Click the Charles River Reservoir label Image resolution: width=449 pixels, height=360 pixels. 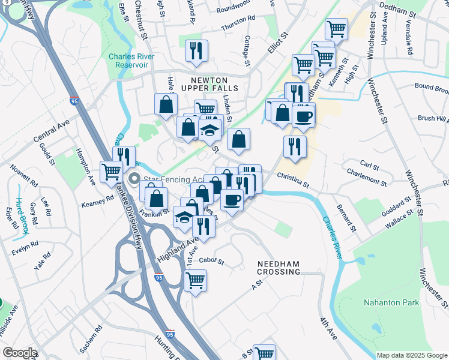click(131, 61)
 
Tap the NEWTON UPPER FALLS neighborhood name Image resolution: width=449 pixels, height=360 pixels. click(214, 84)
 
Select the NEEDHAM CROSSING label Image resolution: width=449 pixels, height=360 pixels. click(279, 268)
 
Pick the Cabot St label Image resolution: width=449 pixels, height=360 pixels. click(211, 261)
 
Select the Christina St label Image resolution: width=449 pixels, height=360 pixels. click(293, 179)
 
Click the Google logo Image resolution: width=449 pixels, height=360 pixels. click(20, 353)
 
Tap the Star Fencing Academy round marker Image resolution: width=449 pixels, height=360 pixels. click(134, 178)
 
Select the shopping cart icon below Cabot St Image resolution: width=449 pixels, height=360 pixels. click(196, 280)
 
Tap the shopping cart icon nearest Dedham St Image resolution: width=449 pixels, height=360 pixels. click(336, 28)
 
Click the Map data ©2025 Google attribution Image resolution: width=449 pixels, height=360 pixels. click(411, 355)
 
